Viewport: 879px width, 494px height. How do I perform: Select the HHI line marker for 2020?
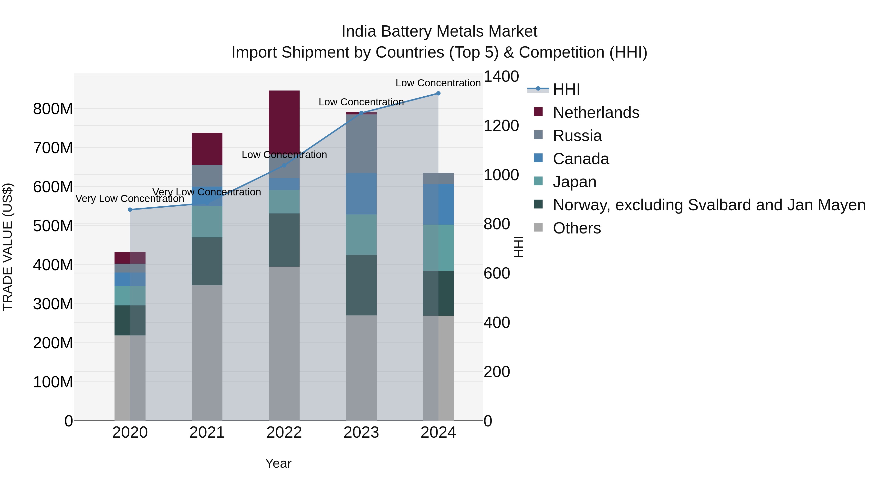point(130,210)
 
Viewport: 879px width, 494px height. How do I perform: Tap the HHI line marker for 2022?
point(284,165)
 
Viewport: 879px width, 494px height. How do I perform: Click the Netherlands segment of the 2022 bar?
point(284,119)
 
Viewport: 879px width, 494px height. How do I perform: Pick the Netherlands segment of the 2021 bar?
point(207,149)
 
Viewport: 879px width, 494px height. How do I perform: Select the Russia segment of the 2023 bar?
point(361,144)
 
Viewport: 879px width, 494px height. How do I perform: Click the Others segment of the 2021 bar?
point(207,353)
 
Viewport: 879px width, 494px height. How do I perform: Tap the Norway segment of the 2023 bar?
point(361,285)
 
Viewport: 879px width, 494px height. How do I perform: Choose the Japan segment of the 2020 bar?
point(130,296)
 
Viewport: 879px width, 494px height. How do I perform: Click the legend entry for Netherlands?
point(596,112)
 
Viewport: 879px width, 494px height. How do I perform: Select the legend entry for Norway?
point(709,205)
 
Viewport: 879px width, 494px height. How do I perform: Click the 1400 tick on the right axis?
point(501,76)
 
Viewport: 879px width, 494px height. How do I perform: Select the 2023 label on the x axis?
point(361,433)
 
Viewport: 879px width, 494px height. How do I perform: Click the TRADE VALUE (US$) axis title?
point(8,247)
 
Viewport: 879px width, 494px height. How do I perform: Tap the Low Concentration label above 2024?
point(438,83)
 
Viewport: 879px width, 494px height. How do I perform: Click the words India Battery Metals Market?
point(439,31)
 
